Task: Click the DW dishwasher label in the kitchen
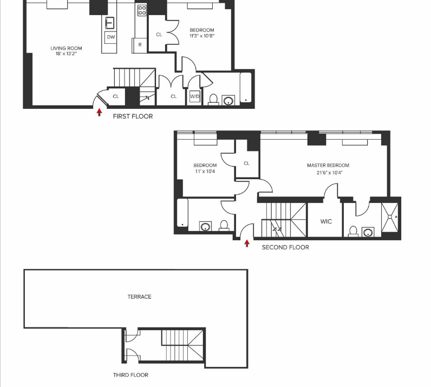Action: pos(110,37)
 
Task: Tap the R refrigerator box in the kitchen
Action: pos(140,45)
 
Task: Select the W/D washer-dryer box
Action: pos(194,97)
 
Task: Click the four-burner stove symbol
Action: pos(142,10)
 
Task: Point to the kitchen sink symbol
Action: pos(110,22)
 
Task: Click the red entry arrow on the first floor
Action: pos(99,113)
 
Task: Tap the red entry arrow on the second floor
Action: pos(247,244)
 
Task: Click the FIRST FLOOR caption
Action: pos(133,116)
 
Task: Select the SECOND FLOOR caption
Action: pos(285,247)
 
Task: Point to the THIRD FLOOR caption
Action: pos(130,375)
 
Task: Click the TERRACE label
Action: pos(139,297)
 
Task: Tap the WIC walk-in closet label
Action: pos(325,221)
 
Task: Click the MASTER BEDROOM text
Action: pos(328,166)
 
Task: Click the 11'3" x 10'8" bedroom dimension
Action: pos(201,36)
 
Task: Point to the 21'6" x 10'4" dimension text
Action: pos(329,173)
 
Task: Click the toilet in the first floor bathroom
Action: pos(213,100)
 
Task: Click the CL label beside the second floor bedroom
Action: pos(246,163)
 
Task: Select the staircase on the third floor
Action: pos(182,346)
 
